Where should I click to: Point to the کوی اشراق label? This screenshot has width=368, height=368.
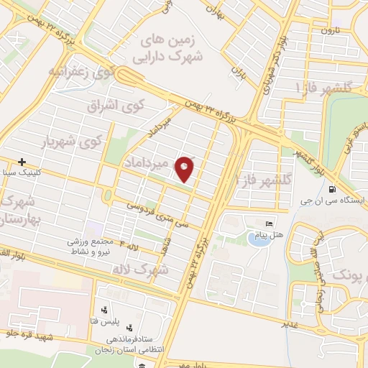pos(116,105)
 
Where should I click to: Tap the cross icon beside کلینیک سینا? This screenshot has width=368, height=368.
pos(23,162)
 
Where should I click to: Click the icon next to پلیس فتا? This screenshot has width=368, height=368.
pos(106,310)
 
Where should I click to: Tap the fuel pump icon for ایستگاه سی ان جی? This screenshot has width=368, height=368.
pos(331,190)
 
